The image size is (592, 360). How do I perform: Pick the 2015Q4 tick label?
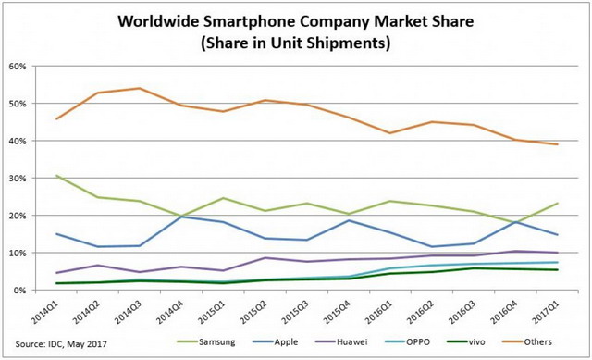pos(342,310)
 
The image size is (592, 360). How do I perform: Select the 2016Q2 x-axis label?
pos(425,310)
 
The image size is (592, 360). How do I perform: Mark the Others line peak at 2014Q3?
pos(140,89)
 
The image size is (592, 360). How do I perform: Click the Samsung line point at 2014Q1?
pos(57,175)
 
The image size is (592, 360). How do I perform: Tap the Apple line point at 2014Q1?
pos(57,234)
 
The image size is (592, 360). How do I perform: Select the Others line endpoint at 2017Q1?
pos(553,144)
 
